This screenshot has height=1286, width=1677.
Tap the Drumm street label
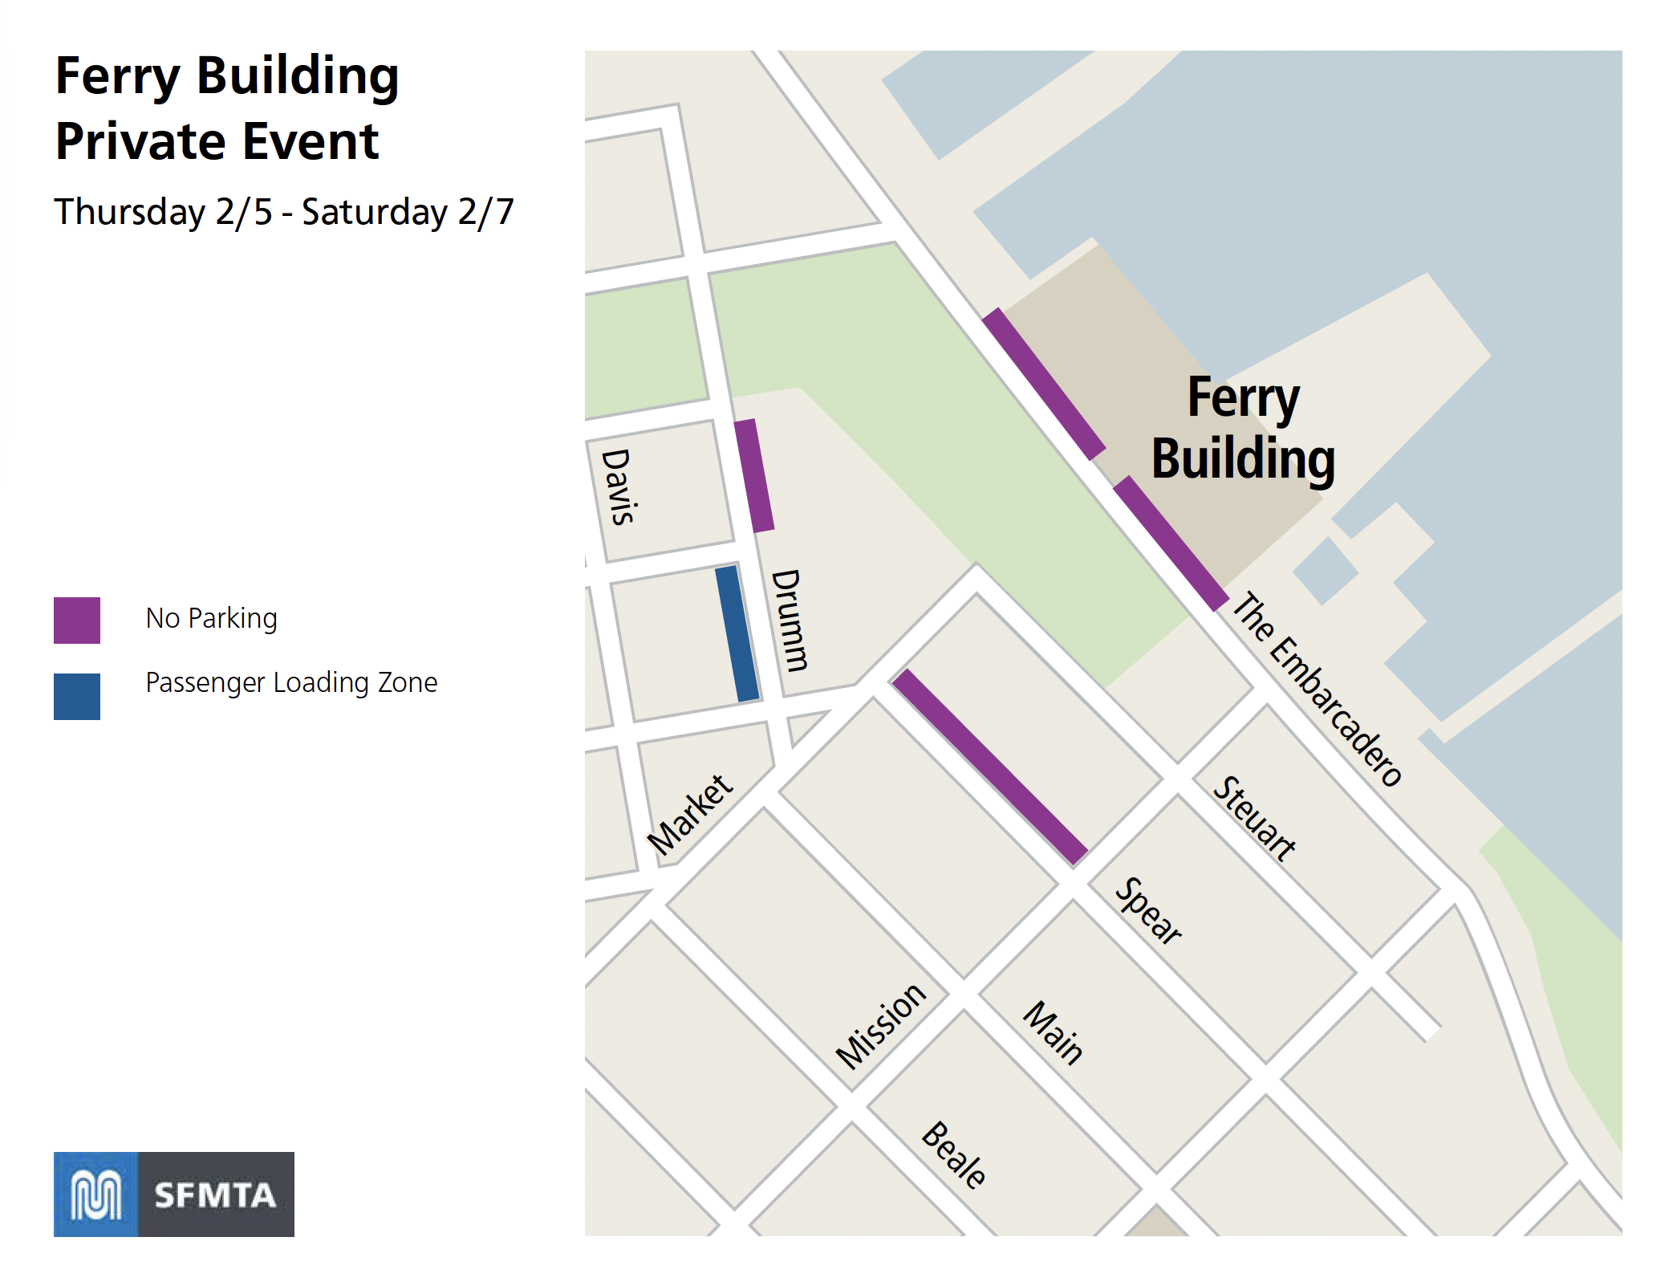point(790,620)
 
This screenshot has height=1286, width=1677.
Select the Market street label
point(690,815)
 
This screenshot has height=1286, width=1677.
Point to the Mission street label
point(881,1026)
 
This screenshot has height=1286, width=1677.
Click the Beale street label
point(954,1154)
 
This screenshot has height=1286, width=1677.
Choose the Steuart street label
point(1254,818)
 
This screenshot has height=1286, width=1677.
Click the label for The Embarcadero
point(1317,689)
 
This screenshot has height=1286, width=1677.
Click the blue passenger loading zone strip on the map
point(737,633)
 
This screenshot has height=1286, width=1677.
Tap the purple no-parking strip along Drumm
point(754,475)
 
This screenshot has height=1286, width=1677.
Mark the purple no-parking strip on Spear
point(990,767)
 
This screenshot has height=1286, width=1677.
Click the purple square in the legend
point(77,620)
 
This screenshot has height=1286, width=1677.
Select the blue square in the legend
point(77,696)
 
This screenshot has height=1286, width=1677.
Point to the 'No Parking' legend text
point(211,618)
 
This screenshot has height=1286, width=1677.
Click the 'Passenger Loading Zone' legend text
point(291,682)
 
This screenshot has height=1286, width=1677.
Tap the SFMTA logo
point(174,1194)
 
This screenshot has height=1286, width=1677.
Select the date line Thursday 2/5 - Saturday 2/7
point(284,212)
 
